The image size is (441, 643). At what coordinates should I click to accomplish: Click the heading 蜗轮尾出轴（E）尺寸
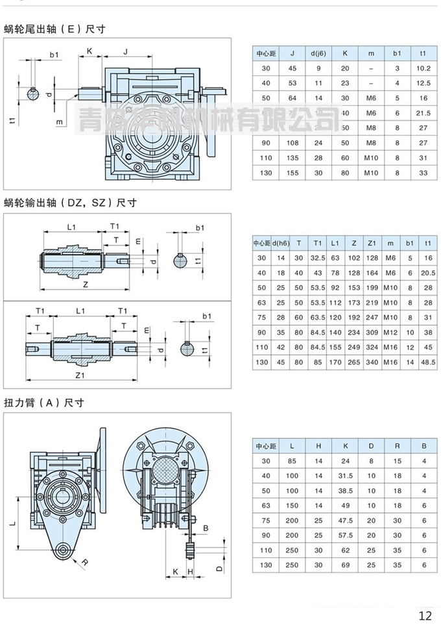click(54, 29)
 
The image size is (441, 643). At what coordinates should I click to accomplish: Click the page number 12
click(425, 616)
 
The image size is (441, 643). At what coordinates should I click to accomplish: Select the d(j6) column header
click(318, 54)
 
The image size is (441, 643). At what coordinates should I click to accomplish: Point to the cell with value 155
click(292, 173)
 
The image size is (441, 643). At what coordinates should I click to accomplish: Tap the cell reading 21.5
click(423, 113)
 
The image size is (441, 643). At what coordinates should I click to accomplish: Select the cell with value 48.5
click(427, 362)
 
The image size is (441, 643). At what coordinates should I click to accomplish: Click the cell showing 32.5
click(317, 258)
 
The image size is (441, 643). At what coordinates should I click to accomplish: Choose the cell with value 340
click(372, 362)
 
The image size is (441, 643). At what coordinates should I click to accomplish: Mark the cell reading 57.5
click(345, 535)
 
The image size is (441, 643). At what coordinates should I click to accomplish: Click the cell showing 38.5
click(345, 490)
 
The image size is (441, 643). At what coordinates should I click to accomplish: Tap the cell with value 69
click(345, 564)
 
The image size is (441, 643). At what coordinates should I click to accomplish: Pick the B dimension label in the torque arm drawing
click(206, 528)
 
